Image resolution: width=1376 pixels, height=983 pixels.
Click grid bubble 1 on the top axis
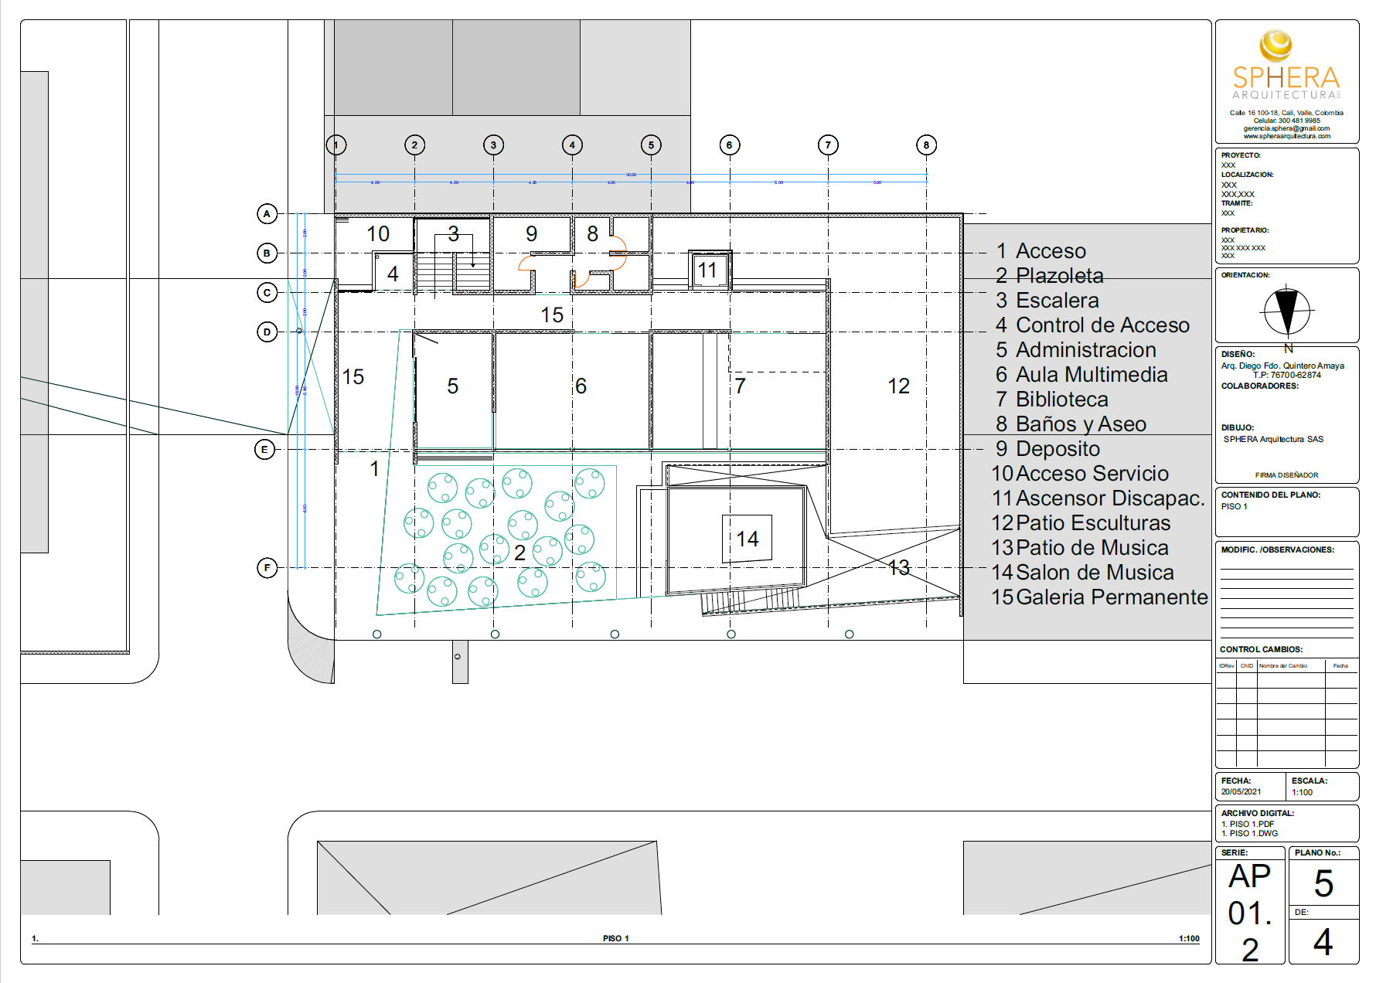[336, 145]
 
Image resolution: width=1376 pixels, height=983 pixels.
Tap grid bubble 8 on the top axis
[926, 145]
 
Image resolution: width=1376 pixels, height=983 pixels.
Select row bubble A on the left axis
[267, 214]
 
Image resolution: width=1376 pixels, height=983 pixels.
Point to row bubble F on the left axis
[267, 568]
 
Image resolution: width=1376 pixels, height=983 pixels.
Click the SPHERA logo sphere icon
[1276, 46]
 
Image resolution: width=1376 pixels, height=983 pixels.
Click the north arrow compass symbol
[1286, 311]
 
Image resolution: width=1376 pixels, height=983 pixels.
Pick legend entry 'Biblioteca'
[1061, 400]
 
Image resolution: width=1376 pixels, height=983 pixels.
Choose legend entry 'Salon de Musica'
[1094, 573]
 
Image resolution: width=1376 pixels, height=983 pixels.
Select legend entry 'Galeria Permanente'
[1111, 597]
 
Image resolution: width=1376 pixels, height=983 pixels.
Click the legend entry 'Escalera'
[1057, 301]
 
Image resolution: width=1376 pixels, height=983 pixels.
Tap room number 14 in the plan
[747, 539]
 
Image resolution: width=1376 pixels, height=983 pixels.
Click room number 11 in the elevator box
[707, 270]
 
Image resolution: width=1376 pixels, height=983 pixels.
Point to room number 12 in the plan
[898, 386]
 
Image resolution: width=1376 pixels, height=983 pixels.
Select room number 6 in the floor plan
[581, 386]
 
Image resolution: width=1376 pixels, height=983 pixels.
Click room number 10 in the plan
[378, 234]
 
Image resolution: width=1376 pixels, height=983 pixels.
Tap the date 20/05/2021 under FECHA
[1241, 792]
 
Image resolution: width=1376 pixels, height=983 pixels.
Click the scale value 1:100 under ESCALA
[1302, 792]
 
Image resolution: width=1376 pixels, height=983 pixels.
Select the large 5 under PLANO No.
[1323, 883]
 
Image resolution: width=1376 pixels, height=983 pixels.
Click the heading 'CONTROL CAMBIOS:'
[1261, 649]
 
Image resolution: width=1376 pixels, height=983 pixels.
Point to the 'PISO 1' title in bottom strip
[615, 938]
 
